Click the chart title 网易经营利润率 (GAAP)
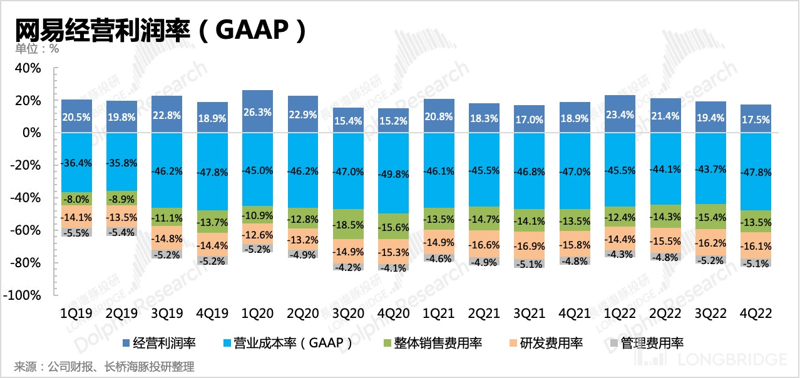(x=160, y=29)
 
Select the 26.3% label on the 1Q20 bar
(x=258, y=114)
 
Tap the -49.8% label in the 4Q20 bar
(x=393, y=173)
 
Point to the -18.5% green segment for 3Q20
(x=348, y=224)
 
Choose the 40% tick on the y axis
(x=28, y=68)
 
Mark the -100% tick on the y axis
(x=24, y=295)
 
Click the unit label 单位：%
(x=37, y=49)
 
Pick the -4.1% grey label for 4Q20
(x=393, y=267)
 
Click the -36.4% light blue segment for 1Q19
(x=77, y=162)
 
